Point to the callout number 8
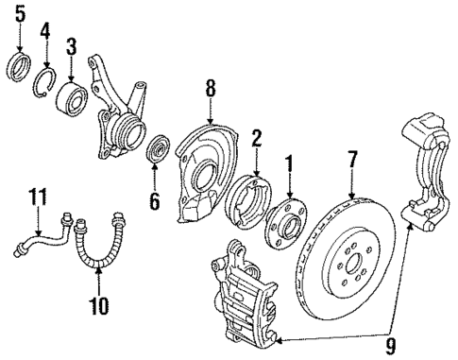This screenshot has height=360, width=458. (211, 88)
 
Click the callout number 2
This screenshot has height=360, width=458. (254, 139)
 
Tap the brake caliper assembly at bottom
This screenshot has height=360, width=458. (242, 294)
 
